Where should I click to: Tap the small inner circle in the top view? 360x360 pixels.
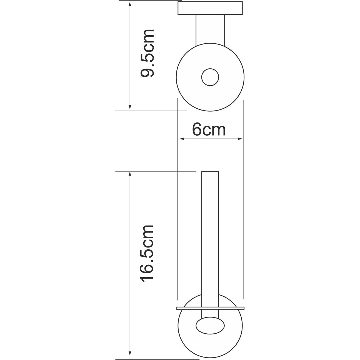pyautogui.click(x=210, y=77)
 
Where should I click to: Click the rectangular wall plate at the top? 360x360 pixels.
pyautogui.click(x=210, y=8)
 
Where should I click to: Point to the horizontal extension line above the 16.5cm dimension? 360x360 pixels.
pyautogui.click(x=156, y=172)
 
